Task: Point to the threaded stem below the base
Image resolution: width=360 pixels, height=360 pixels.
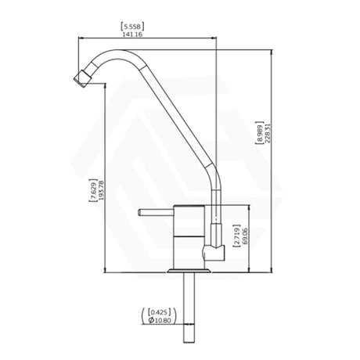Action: [190, 309]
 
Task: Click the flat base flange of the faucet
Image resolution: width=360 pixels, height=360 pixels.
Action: [189, 270]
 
